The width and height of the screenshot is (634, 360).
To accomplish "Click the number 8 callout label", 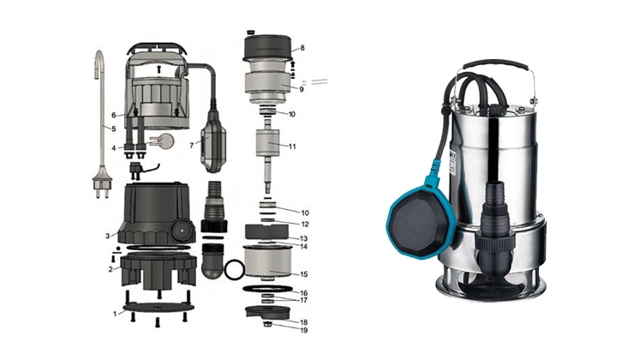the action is click(x=302, y=48).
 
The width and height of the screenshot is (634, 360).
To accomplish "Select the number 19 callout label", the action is click(x=304, y=330).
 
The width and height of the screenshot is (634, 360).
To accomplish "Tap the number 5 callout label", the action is click(x=114, y=129).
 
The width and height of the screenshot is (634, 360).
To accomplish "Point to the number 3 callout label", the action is click(x=108, y=236).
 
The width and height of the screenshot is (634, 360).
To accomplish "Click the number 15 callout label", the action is click(x=304, y=274).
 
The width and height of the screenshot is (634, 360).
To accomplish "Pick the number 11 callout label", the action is click(x=292, y=147).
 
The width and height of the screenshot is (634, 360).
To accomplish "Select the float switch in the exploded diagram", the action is click(x=213, y=141).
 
